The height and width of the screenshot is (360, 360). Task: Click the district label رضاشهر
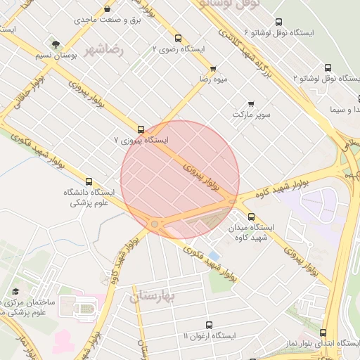103,50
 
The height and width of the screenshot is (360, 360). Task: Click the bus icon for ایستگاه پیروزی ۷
141,129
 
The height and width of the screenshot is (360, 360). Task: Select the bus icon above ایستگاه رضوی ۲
178,39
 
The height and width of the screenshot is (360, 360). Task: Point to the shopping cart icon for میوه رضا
213,68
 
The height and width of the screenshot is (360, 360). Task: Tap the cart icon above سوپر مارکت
251,103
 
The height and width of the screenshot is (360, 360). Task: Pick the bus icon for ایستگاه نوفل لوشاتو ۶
278,22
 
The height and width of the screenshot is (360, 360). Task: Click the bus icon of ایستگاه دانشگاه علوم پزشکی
89,181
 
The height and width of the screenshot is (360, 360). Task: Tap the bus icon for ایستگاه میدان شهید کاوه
251,217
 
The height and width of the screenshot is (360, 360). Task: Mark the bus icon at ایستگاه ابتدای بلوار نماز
323,333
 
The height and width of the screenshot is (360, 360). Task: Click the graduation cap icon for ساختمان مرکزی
15,292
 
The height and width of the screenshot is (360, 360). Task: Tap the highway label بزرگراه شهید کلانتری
245,49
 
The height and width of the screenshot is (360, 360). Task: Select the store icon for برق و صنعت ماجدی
107,9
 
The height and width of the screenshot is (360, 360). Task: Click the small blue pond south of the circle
214,253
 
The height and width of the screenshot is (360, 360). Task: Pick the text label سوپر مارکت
252,113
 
